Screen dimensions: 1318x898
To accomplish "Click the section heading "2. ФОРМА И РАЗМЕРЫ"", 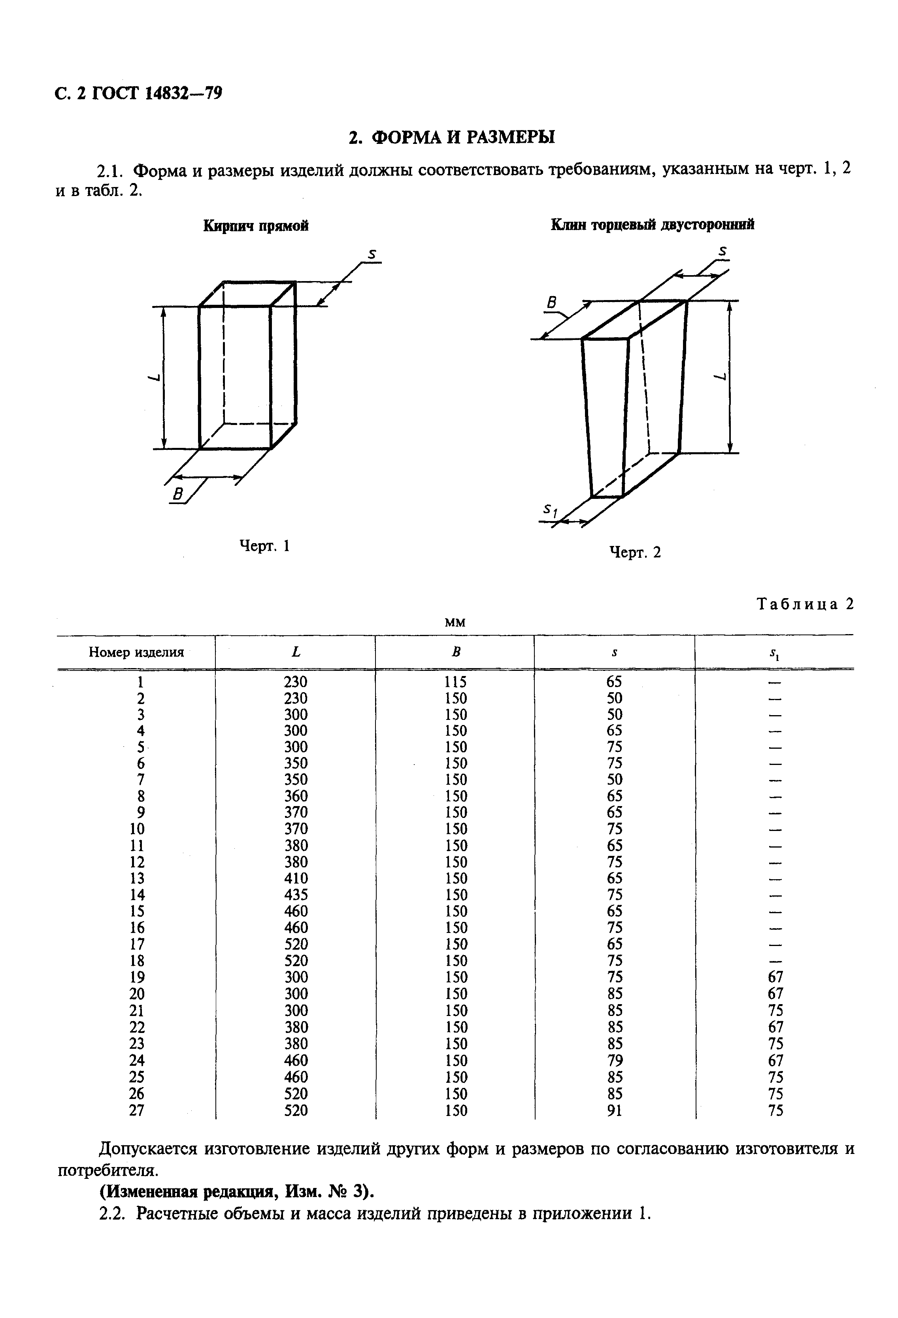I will [451, 137].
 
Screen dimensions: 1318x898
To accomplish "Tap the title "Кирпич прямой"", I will [256, 226].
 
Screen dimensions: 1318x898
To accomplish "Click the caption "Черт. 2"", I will [635, 552].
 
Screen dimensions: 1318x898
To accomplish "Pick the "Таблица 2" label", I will [805, 604].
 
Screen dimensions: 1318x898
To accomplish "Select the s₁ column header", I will [774, 654].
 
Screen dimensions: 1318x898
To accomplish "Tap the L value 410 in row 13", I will [295, 878].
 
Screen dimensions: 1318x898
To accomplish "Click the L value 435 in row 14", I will [295, 895].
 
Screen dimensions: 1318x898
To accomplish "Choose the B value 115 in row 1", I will [455, 682].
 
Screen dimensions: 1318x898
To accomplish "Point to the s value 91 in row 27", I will [614, 1110].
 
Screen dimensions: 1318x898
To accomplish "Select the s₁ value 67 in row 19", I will [775, 977].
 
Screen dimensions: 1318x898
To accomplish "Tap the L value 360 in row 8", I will [295, 796].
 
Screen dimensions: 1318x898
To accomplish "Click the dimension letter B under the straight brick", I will [178, 495].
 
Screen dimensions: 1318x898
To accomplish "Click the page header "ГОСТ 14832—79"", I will [156, 93].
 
